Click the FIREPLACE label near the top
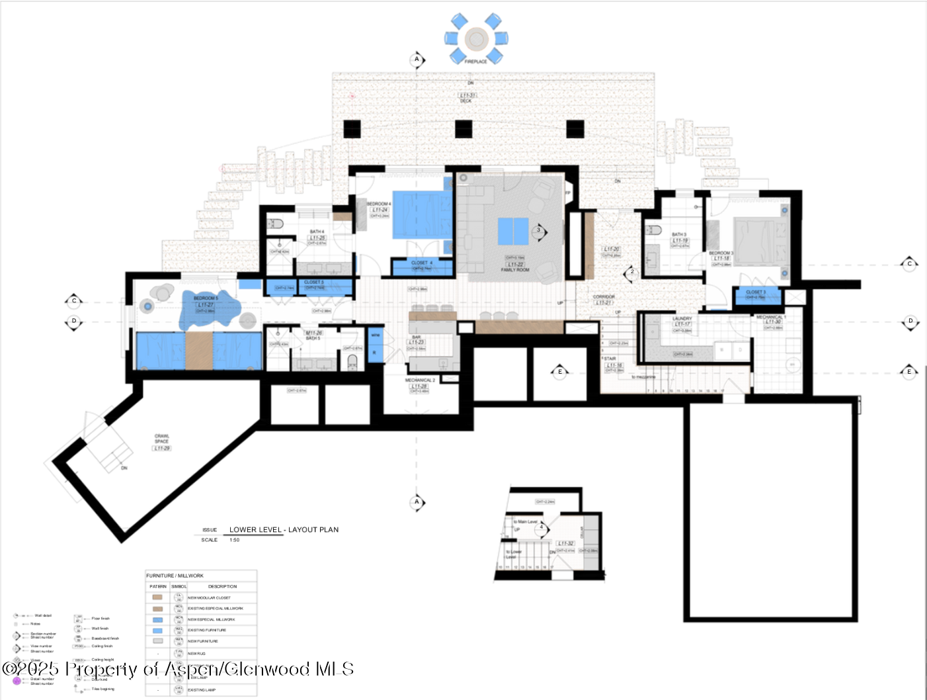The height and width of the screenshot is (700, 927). [475, 62]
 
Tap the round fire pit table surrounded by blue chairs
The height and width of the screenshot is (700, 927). [476, 39]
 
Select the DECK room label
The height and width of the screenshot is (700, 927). [467, 101]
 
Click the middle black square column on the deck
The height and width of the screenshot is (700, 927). [463, 129]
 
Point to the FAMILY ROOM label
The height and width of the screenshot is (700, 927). [515, 270]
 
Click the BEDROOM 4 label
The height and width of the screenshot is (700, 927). [379, 204]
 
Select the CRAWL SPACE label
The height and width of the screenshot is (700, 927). [162, 438]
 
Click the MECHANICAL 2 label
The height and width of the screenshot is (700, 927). [420, 380]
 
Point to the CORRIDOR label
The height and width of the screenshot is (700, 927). [604, 297]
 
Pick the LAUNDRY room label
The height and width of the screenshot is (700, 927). [682, 319]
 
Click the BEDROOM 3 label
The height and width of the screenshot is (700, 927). [721, 253]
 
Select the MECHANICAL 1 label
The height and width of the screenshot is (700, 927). [771, 317]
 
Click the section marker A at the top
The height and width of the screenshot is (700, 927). [417, 60]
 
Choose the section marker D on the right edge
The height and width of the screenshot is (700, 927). [910, 321]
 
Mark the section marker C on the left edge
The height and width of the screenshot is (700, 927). [74, 301]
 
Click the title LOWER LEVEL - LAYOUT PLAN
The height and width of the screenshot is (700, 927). [284, 530]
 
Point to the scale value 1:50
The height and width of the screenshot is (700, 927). [235, 540]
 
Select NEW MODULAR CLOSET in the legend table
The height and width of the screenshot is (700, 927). [209, 597]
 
